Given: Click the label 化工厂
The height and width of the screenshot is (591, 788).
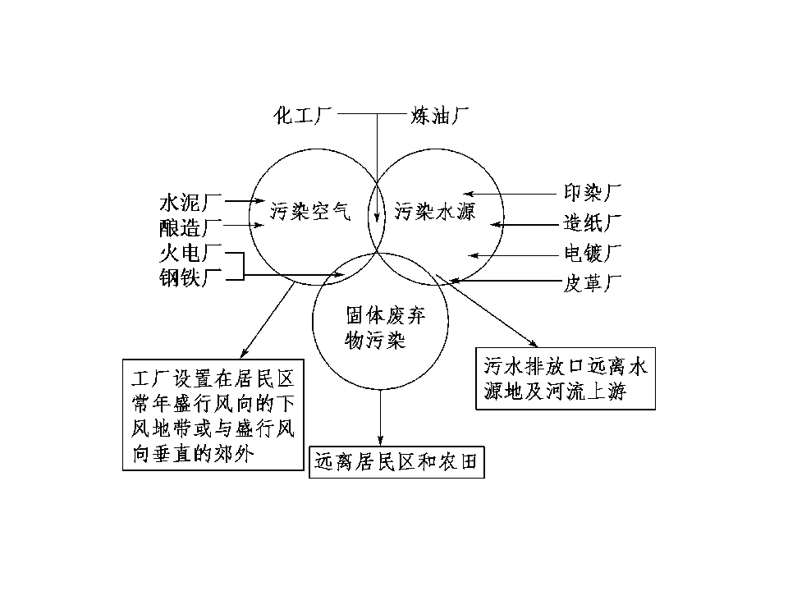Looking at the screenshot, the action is tap(303, 116).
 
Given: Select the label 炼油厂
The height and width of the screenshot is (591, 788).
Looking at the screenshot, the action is tap(439, 116).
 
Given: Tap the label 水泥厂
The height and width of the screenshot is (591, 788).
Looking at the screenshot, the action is tap(190, 203).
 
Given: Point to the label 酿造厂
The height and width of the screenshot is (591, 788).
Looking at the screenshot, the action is tap(190, 227).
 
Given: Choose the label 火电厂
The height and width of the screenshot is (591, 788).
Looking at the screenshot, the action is tap(190, 253).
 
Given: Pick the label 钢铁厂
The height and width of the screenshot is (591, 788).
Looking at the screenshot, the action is tap(190, 277).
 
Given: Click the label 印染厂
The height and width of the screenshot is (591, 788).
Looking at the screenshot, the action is tap(593, 192).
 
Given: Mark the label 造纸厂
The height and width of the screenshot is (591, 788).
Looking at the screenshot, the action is tap(593, 222).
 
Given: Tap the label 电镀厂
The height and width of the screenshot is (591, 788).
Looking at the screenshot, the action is tap(593, 253).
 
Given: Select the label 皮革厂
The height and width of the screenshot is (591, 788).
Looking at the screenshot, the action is tap(593, 283).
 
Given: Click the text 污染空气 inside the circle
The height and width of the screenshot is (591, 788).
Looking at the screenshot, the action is tap(310, 211).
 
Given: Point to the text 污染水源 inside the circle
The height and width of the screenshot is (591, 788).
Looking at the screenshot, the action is tap(435, 211).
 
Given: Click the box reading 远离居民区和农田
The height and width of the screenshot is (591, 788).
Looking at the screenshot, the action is tap(396, 462).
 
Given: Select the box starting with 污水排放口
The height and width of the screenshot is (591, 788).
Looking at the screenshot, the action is tap(566, 378).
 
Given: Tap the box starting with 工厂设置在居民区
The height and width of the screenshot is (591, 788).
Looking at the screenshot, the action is tap(213, 415).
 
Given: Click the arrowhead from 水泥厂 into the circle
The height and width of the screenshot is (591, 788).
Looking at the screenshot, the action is tap(260, 201).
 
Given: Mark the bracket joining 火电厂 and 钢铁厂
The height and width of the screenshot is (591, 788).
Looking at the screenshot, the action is tap(244, 265).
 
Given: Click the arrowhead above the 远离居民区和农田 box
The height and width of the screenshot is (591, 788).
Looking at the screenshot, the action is tap(380, 441).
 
